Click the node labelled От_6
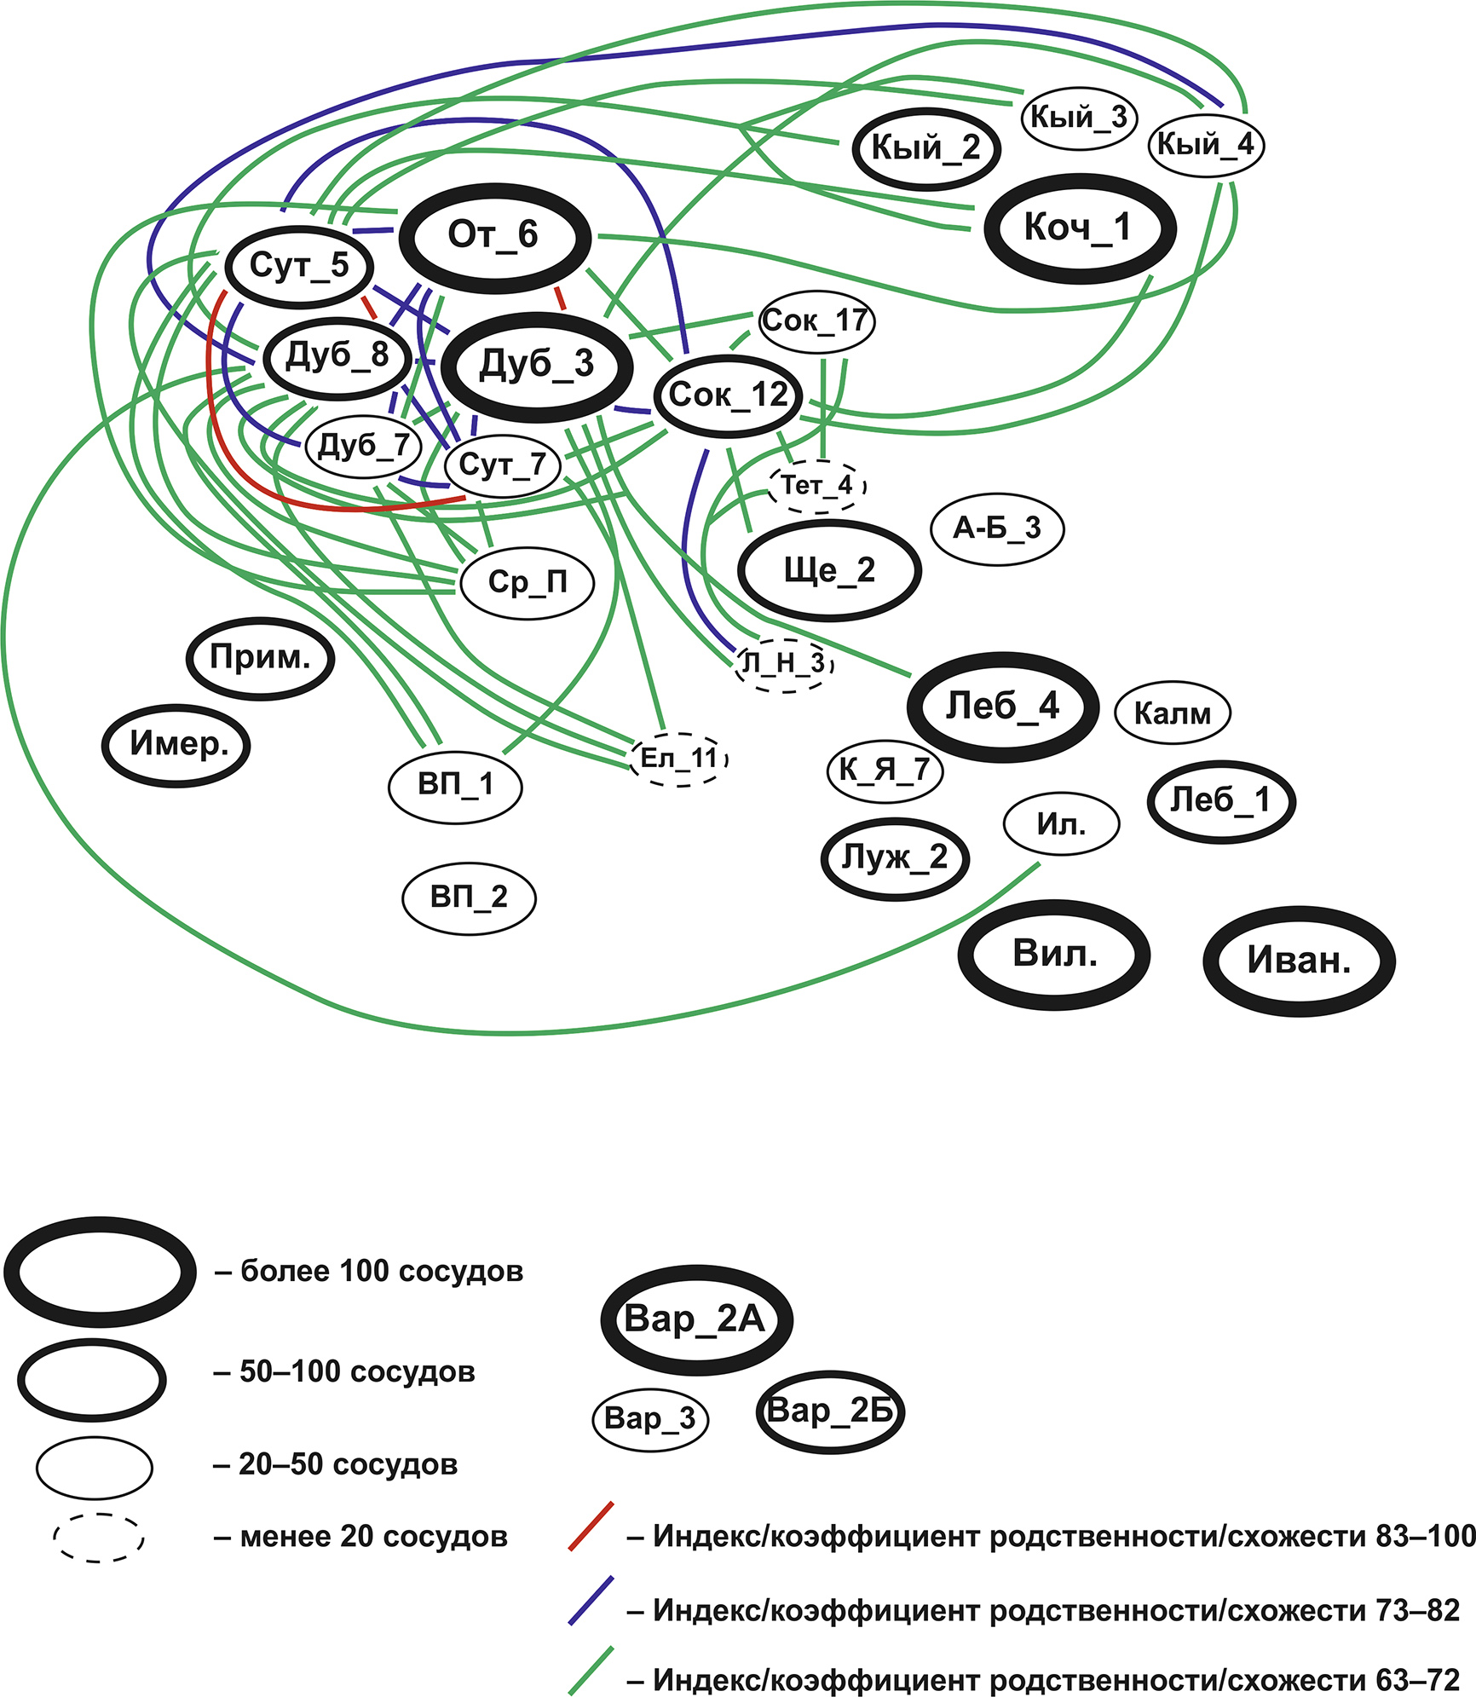(494, 236)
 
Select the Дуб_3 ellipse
(538, 366)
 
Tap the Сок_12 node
(729, 395)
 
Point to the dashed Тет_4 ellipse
(817, 487)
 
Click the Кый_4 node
(1205, 146)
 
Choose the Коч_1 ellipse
(1079, 228)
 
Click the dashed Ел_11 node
(679, 758)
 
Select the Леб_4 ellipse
(1003, 707)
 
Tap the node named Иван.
(1299, 961)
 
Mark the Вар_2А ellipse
(695, 1319)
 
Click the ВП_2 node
(469, 898)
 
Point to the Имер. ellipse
(177, 745)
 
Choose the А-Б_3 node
(997, 528)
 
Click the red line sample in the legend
(591, 1527)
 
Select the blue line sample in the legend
(591, 1601)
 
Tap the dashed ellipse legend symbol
(98, 1538)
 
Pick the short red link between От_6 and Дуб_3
(560, 298)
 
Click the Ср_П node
(527, 583)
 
